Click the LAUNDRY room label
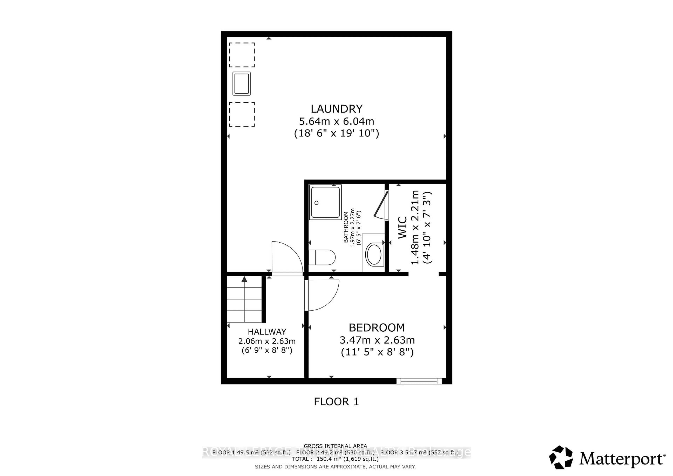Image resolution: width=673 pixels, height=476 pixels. point(336,109)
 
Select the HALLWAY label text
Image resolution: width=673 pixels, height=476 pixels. point(267,332)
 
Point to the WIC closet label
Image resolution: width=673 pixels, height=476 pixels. point(402,227)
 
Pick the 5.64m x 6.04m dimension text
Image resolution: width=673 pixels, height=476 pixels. point(336,121)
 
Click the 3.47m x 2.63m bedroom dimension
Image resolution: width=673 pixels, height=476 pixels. point(377,340)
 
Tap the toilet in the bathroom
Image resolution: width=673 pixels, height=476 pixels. point(322,257)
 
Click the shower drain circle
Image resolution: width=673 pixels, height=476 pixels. point(317,203)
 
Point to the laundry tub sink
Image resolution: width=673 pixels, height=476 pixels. point(242,84)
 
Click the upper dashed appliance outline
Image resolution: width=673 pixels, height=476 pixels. point(242,55)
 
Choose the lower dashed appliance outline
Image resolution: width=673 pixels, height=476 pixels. point(242,114)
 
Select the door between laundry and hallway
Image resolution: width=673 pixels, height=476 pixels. point(287,258)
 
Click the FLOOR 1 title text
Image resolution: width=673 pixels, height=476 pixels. point(336,402)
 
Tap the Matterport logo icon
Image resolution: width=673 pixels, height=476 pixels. point(561,458)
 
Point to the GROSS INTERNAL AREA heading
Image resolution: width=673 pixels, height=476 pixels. point(335,446)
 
